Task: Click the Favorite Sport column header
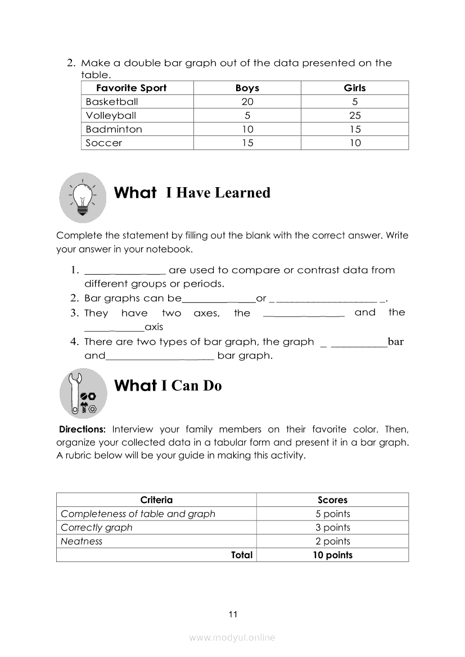pyautogui.click(x=132, y=88)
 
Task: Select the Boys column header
pyautogui.click(x=247, y=88)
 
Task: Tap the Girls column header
pyautogui.click(x=355, y=88)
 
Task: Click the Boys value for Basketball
pyautogui.click(x=247, y=102)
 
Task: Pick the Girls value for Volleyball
pyautogui.click(x=355, y=115)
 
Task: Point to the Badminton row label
pyautogui.click(x=114, y=129)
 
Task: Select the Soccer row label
pyautogui.click(x=104, y=143)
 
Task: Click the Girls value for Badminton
pyautogui.click(x=355, y=129)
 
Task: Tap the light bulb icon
pyautogui.click(x=83, y=197)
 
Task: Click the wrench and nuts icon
pyautogui.click(x=83, y=393)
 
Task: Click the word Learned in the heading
pyautogui.click(x=242, y=193)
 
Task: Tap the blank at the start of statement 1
pyautogui.click(x=125, y=270)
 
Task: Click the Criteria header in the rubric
pyautogui.click(x=156, y=500)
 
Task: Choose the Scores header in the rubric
pyautogui.click(x=332, y=500)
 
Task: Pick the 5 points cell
pyautogui.click(x=332, y=514)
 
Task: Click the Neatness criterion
pyautogui.click(x=82, y=541)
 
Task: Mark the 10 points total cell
pyautogui.click(x=332, y=555)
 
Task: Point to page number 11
pyautogui.click(x=233, y=614)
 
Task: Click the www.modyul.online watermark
pyautogui.click(x=232, y=637)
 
